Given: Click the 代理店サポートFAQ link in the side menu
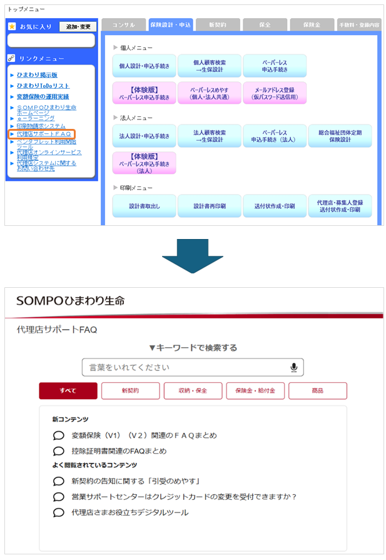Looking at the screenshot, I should [44, 134].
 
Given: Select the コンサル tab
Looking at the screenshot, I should [124, 25].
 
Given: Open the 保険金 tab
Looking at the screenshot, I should [312, 25].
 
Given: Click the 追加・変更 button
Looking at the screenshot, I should [77, 27].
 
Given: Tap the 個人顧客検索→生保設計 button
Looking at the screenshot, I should [210, 66].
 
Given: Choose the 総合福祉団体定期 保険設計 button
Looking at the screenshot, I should [340, 136].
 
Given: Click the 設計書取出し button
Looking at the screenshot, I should [145, 206].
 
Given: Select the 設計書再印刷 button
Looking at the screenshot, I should [210, 206].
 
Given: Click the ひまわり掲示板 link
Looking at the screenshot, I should [37, 75].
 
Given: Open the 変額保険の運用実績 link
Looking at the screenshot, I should [43, 96].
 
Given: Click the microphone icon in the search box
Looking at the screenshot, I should [293, 367].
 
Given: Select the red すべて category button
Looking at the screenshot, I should [68, 390].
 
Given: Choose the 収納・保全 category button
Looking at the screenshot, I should [193, 390].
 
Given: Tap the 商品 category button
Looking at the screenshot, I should [317, 390].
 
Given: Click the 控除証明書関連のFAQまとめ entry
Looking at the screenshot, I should [119, 451].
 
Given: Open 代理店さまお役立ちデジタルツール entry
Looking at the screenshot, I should [130, 512].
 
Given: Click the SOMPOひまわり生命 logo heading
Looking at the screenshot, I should [70, 301].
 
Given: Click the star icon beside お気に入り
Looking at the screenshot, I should [12, 27].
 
